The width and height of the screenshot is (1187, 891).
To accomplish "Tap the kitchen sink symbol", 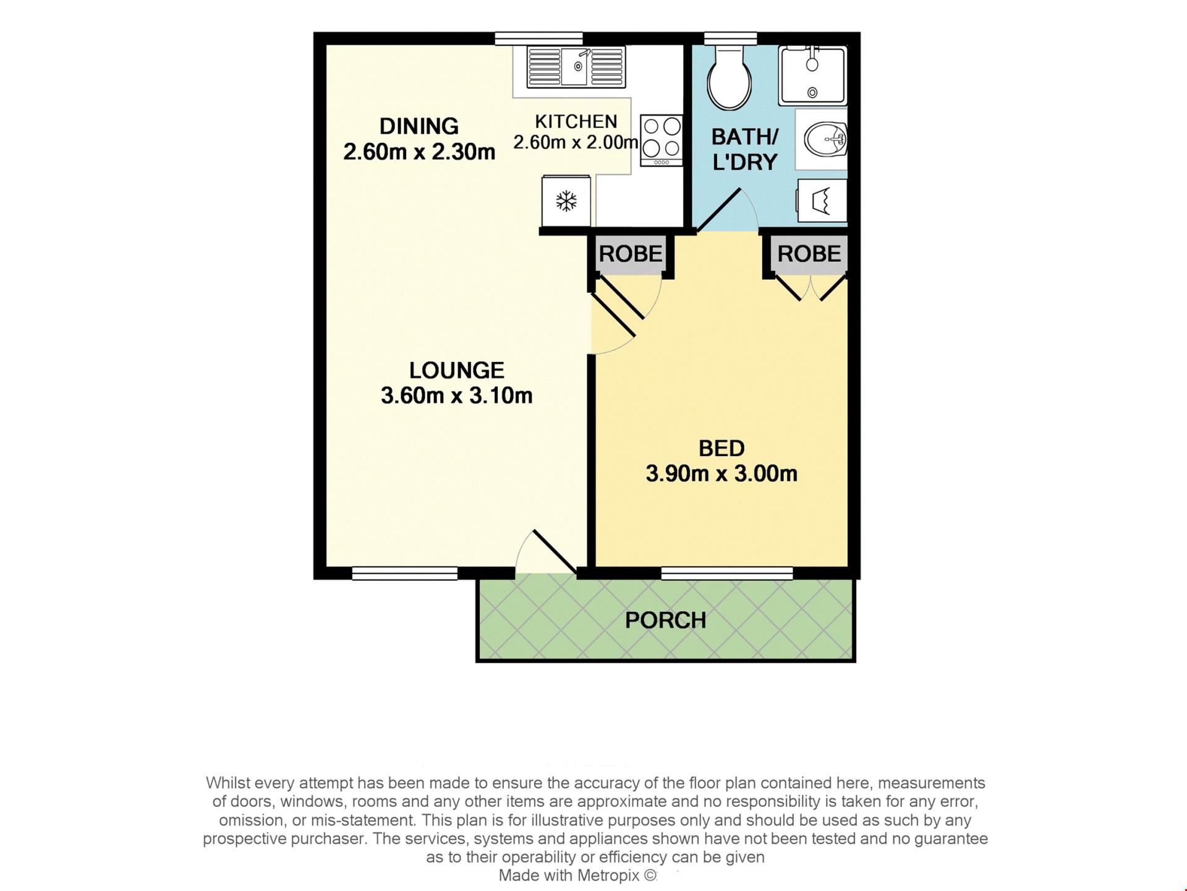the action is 576,66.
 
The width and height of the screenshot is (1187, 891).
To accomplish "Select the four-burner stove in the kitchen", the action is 662,140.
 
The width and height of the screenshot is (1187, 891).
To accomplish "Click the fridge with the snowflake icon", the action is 566,202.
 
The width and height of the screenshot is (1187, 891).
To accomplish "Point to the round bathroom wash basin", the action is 825,140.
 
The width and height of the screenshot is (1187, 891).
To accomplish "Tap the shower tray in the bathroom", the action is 812,75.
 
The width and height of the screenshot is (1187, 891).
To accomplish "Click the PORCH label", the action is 665,620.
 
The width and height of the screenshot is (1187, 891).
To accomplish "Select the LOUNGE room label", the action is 457,370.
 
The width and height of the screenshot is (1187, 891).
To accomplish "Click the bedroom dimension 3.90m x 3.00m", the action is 721,473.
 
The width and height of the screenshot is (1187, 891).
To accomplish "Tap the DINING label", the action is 419,126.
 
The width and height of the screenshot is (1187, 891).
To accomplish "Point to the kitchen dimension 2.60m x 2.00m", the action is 576,142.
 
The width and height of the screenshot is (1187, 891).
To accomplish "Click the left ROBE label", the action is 631,254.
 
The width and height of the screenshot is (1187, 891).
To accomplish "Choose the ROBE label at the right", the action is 809,254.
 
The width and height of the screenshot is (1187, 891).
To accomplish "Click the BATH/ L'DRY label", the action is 745,149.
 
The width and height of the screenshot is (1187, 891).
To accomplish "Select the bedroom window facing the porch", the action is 727,574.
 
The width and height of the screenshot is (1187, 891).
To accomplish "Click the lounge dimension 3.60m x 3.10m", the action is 457,395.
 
